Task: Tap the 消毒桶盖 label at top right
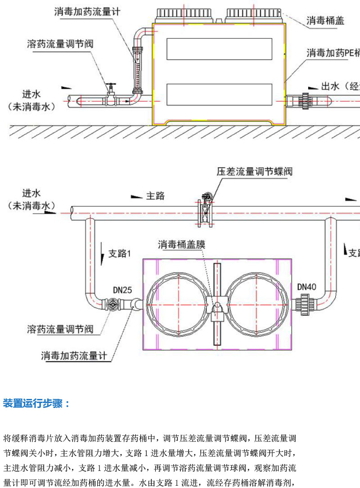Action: point(325,20)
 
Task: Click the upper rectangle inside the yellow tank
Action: point(219,49)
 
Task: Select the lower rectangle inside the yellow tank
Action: point(219,94)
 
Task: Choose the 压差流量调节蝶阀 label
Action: point(255,172)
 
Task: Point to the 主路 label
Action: point(155,196)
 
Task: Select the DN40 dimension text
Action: point(307,286)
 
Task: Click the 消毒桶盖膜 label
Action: point(181,244)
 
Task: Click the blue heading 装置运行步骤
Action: point(36,403)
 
